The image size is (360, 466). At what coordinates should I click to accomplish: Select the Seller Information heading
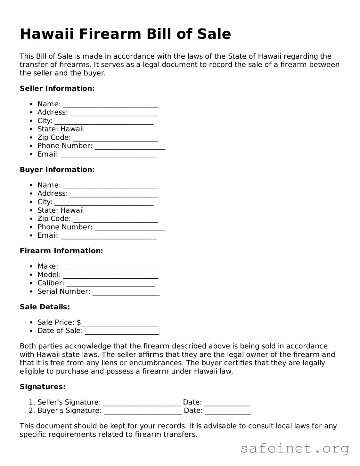57,88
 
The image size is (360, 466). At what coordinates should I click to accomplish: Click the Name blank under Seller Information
110,105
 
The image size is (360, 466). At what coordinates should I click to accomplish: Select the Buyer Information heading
57,169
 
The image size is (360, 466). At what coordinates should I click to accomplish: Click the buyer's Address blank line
114,194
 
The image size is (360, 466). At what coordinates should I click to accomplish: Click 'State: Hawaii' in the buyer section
61,210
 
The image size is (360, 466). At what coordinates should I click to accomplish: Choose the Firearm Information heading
61,251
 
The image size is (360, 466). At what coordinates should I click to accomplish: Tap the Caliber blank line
110,284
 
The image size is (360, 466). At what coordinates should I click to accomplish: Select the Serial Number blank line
126,292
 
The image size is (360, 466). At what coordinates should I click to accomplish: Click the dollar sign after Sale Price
79,322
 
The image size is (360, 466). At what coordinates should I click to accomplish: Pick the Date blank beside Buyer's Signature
228,412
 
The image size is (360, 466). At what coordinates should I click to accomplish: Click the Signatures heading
43,387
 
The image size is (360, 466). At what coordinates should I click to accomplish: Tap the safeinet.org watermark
295,449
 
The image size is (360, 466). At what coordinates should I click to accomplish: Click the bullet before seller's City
31,121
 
